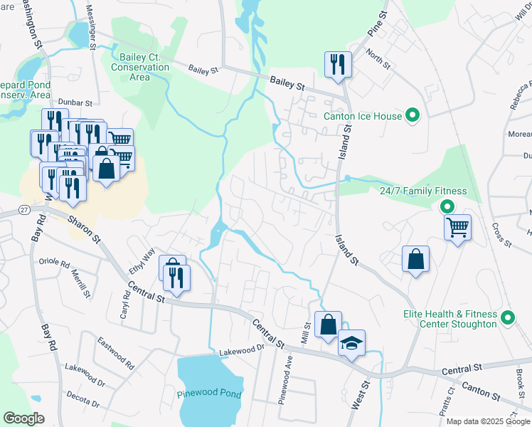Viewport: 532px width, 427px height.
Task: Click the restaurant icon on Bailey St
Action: (336, 65)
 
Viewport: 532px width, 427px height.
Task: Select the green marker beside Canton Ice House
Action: (412, 115)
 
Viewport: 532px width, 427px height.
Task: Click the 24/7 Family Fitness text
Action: (422, 191)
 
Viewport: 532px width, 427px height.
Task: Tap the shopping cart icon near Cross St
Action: (457, 228)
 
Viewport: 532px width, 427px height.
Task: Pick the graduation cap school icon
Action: (351, 344)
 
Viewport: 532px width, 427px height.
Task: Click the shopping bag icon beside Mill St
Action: (328, 325)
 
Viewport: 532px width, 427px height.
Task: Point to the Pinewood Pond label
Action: (210, 394)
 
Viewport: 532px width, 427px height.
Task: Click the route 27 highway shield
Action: (25, 209)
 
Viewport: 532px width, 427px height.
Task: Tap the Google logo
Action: (23, 418)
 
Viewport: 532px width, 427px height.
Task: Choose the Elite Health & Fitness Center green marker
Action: (508, 318)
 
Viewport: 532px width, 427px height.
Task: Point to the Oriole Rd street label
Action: (55, 262)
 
